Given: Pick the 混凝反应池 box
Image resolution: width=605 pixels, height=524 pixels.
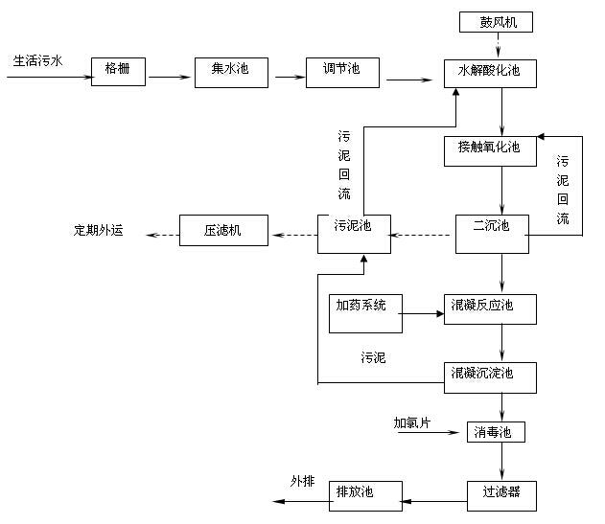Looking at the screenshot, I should click(490, 308).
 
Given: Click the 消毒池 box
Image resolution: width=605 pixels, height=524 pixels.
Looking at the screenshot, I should click(496, 433).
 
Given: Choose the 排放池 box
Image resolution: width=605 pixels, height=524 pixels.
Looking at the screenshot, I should click(353, 493).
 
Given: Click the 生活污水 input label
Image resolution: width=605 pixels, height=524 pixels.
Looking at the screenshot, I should click(38, 61).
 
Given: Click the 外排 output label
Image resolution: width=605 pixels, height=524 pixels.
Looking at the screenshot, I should click(303, 481).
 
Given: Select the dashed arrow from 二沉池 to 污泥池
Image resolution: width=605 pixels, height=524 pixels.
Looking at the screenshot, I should click(423, 233).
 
